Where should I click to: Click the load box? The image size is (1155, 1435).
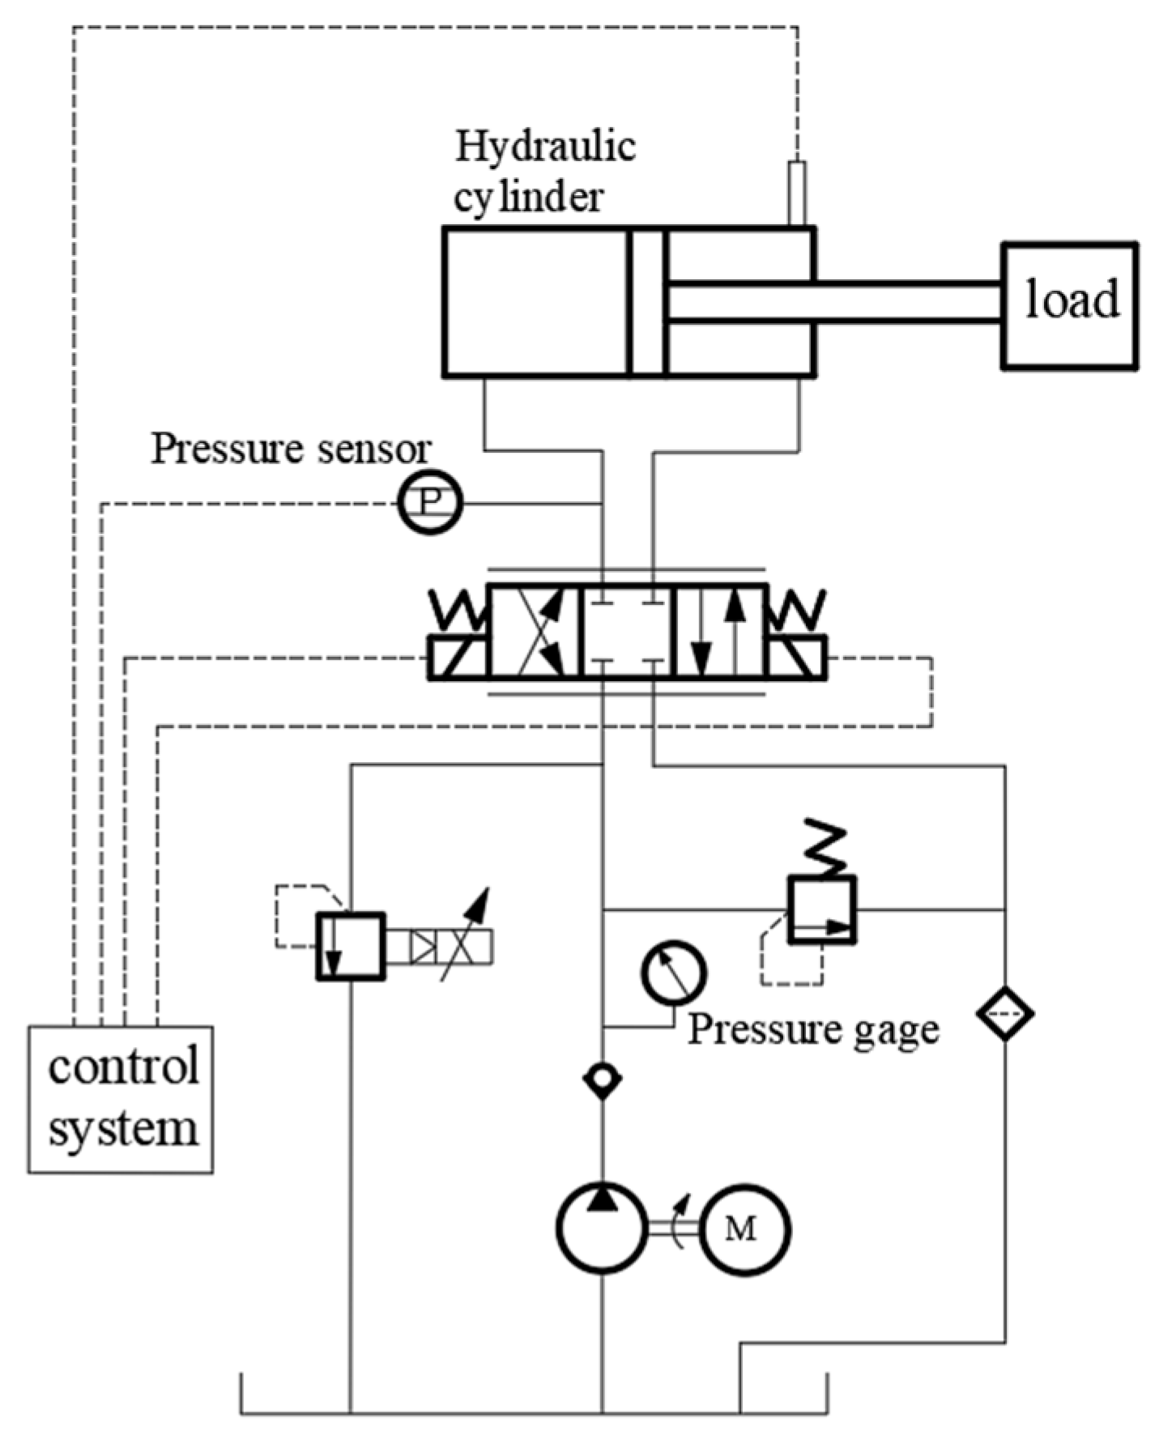point(1069,306)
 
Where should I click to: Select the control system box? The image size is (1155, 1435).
point(121,1099)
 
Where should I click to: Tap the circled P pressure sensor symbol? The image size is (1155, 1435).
point(430,503)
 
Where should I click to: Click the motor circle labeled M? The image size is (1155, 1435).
point(744,1229)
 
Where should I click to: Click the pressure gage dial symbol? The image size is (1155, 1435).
point(673,973)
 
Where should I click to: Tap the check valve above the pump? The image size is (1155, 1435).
point(602,1079)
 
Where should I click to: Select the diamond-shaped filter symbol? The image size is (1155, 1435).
point(1005,1012)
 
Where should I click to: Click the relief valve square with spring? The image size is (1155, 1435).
point(822,909)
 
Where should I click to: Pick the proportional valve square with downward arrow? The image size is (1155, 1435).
point(350,946)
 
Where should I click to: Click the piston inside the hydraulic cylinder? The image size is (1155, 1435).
point(647,303)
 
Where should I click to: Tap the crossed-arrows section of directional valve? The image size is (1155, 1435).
point(535,630)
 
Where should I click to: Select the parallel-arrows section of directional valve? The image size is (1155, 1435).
point(720,630)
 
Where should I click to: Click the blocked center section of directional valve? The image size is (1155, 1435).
point(628,630)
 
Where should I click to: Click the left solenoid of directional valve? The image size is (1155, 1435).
point(458,657)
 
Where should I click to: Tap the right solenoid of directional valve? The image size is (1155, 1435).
point(798,657)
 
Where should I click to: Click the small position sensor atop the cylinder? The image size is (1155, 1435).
point(797,193)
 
